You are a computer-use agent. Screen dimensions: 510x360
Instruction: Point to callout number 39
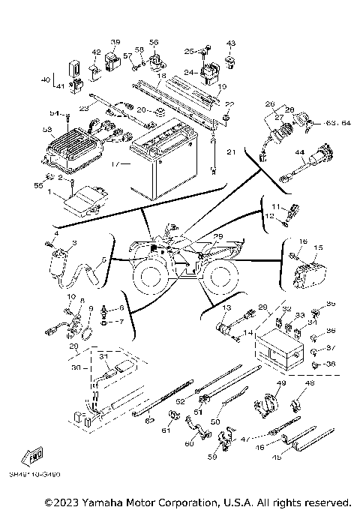click(x=115, y=41)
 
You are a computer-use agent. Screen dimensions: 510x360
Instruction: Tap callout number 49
click(x=281, y=384)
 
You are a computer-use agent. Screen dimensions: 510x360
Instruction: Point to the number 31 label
click(x=103, y=357)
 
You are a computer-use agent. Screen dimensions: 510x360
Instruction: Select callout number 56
click(x=154, y=41)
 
